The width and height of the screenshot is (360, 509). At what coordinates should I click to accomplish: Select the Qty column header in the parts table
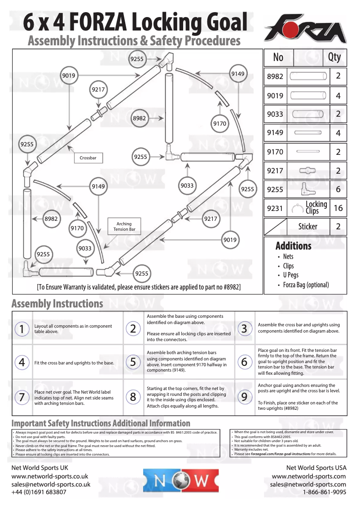[334, 57]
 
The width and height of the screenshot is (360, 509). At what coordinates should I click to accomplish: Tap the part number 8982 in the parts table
[275, 76]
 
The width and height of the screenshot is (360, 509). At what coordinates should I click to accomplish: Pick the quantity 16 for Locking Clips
[338, 208]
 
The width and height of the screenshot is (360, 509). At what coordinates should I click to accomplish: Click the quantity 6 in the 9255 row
[338, 189]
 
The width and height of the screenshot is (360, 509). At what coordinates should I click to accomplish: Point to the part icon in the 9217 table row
[307, 171]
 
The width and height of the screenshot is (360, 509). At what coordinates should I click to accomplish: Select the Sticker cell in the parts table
[308, 227]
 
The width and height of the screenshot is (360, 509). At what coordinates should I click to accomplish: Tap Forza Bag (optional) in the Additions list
[306, 285]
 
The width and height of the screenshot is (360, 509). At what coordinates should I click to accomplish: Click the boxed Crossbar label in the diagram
[88, 158]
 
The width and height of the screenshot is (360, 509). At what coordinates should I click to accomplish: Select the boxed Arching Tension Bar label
[124, 227]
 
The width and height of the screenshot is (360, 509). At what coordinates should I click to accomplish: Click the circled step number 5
[133, 362]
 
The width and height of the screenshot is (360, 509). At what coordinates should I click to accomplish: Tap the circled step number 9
[244, 397]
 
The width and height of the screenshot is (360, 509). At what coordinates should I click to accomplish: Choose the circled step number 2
[133, 329]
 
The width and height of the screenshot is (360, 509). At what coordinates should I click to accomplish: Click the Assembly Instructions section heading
[57, 304]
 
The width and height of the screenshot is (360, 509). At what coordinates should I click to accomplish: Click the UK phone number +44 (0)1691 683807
[39, 492]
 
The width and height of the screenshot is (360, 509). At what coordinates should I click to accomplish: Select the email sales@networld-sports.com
[308, 484]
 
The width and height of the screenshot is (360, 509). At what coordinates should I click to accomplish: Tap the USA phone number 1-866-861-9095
[324, 492]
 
